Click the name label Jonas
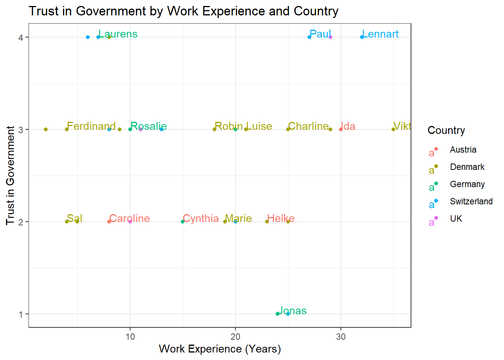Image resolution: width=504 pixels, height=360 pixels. tap(292, 310)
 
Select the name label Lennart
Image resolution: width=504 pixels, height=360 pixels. tap(380, 34)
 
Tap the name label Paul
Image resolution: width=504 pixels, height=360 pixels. tap(320, 34)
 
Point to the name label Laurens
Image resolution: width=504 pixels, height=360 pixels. tap(118, 34)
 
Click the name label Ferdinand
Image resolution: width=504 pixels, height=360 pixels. tap(91, 126)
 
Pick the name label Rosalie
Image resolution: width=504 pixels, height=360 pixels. tap(148, 126)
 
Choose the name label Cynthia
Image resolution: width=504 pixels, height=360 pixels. tap(201, 218)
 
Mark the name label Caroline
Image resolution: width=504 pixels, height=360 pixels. tap(129, 218)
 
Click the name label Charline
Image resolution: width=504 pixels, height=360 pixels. tap(308, 126)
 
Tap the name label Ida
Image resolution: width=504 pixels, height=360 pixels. tap(348, 126)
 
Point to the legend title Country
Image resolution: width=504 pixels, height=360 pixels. tap(446, 130)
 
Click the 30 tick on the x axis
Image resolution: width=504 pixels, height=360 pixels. tap(341, 337)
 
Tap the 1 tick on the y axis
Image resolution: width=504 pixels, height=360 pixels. tap(21, 314)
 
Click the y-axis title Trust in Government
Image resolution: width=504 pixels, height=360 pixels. tap(10, 175)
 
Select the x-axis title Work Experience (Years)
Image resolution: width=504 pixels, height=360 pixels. tap(220, 349)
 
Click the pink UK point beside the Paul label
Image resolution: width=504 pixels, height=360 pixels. tap(330, 37)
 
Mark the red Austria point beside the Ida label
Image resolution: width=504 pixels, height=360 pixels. tap(341, 129)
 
